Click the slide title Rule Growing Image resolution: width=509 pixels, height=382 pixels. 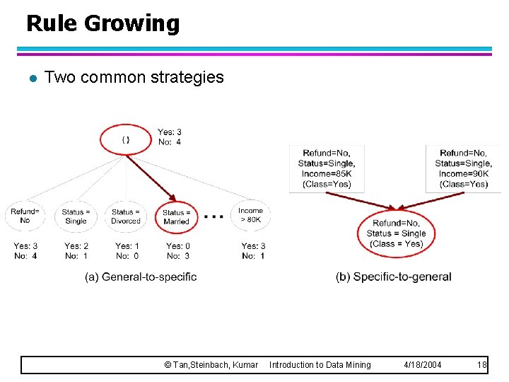click(x=103, y=23)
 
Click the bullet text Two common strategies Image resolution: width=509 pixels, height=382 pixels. click(x=134, y=77)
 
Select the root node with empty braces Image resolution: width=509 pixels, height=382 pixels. click(x=126, y=139)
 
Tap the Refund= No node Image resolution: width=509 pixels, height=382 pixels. click(x=25, y=215)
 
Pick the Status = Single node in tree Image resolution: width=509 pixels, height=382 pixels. click(x=76, y=216)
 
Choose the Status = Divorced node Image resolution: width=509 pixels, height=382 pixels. click(x=126, y=216)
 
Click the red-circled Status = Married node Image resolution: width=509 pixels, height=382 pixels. click(x=176, y=216)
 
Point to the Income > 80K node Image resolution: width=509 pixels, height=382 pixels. click(x=250, y=215)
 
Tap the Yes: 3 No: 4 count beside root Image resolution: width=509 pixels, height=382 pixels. click(x=169, y=137)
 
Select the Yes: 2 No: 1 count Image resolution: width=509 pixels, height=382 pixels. click(x=76, y=250)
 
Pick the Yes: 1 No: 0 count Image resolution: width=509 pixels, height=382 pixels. click(x=127, y=250)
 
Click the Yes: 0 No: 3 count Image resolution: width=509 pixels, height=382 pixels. click(x=177, y=250)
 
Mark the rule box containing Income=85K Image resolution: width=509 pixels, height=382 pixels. click(x=326, y=168)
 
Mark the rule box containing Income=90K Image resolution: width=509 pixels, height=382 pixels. click(x=463, y=168)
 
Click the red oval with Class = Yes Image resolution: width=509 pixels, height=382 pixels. click(x=396, y=233)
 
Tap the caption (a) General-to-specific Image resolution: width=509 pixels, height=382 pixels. click(x=141, y=277)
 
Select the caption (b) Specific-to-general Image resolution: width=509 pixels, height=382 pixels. click(x=393, y=277)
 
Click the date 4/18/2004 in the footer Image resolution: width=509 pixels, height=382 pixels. click(x=422, y=364)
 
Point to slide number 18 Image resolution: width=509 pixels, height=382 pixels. click(x=482, y=364)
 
